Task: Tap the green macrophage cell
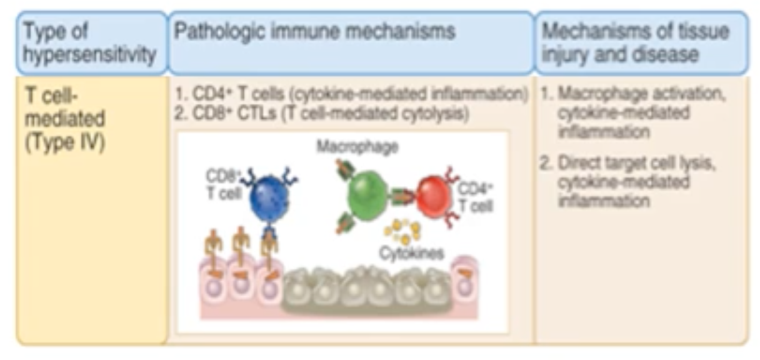(369, 196)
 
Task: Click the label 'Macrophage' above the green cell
(357, 147)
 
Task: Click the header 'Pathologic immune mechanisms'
(314, 31)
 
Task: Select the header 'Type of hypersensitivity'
(89, 42)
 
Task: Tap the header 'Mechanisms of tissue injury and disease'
(635, 42)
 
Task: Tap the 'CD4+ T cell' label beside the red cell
(476, 196)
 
